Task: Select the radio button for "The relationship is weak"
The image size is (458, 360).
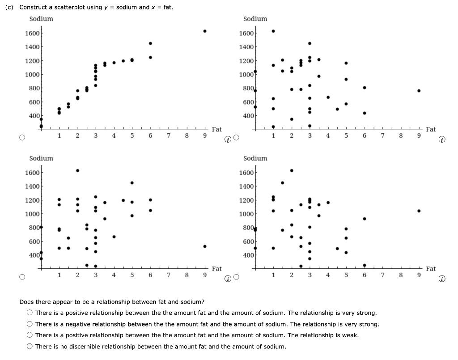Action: tap(30, 335)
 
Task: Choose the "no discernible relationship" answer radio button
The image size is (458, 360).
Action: tap(30, 347)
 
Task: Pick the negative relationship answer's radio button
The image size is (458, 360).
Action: tap(30, 324)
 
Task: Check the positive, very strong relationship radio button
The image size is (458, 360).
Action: tap(30, 313)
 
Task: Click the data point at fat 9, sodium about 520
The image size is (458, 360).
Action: tap(205, 246)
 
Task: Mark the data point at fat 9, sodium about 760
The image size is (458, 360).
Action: tap(419, 90)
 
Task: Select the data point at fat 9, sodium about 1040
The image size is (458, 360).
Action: tap(419, 211)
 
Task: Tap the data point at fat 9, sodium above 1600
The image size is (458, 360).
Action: tap(205, 31)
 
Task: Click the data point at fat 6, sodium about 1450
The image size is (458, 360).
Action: tap(150, 43)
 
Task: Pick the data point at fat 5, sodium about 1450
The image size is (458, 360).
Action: tap(132, 182)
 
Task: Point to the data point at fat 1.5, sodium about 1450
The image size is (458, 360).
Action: tap(282, 182)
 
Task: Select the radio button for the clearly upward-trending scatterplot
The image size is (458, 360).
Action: tap(21, 138)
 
